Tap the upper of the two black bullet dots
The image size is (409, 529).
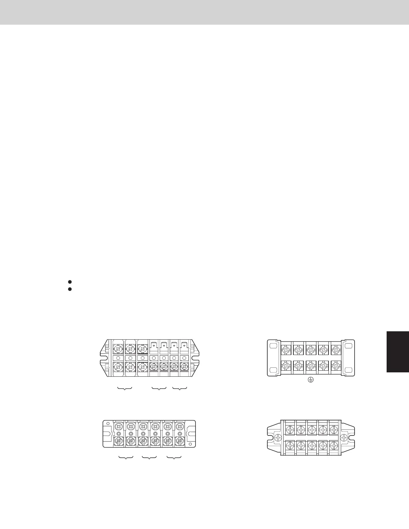click(70, 282)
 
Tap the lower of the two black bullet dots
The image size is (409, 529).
click(70, 289)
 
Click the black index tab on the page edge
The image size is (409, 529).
click(398, 351)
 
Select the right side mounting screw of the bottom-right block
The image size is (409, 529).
click(344, 437)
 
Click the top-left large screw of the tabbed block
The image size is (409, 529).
click(118, 349)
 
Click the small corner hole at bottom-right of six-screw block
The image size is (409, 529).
click(190, 444)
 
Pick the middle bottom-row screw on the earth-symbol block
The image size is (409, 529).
click(310, 366)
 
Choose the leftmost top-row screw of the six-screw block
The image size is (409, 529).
click(118, 426)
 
